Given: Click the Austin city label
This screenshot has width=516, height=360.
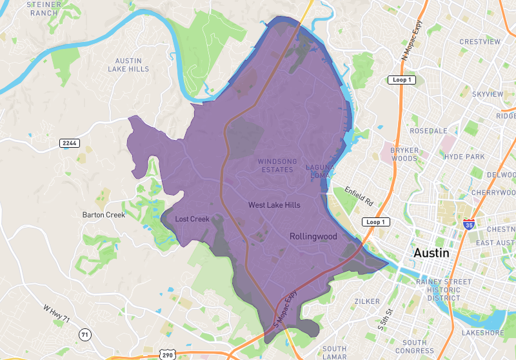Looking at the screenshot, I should pyautogui.click(x=432, y=252).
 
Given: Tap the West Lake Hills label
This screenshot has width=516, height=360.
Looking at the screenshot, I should pyautogui.click(x=274, y=205).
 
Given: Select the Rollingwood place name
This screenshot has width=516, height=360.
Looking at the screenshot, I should pyautogui.click(x=313, y=236).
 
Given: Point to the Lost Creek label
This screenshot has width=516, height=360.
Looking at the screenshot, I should pyautogui.click(x=192, y=219).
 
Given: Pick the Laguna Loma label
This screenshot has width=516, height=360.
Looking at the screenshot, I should pyautogui.click(x=321, y=172).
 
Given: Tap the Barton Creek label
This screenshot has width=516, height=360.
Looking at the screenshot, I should pyautogui.click(x=104, y=215).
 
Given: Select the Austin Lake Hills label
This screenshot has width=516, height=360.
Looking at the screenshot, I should pyautogui.click(x=128, y=65).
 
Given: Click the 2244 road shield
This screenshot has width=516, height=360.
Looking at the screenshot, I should pyautogui.click(x=69, y=143).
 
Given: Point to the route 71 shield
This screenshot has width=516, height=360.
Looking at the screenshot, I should pyautogui.click(x=84, y=334).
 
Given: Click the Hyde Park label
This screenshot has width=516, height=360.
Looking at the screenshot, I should pyautogui.click(x=464, y=157).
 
